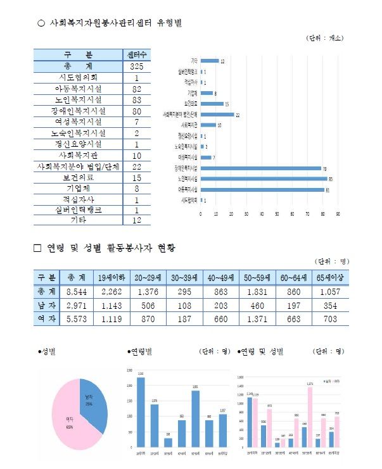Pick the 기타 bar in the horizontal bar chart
pyautogui.click(x=210, y=61)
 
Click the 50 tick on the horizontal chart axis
pyautogui.click(x=277, y=213)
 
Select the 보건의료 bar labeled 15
pyautogui.click(x=212, y=104)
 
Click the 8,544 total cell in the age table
pyautogui.click(x=76, y=292)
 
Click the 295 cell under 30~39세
pyautogui.click(x=179, y=292)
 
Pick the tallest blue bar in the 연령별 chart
pyautogui.click(x=140, y=411)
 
